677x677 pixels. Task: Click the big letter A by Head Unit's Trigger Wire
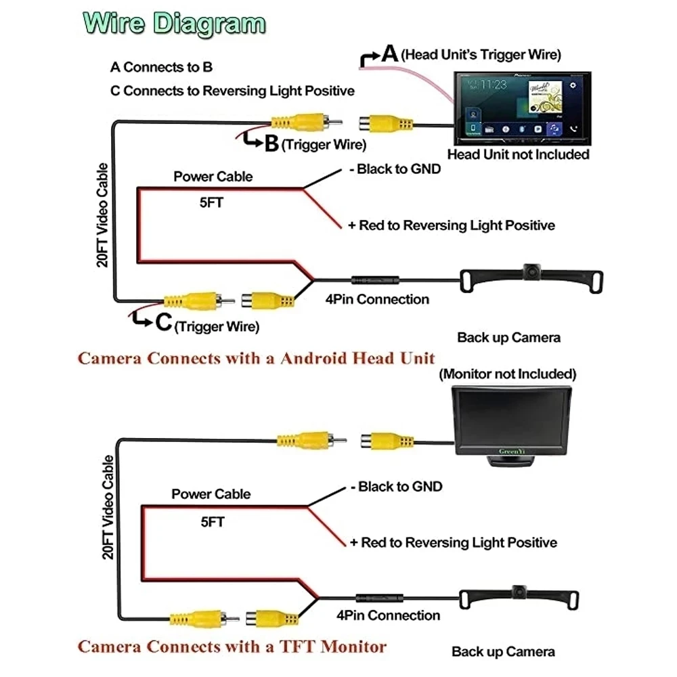[389, 53]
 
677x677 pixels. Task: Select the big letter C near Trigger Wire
[163, 323]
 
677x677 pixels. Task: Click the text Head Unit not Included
[518, 154]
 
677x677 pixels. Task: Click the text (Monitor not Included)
[508, 374]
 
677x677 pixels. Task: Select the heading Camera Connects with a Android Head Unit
[256, 358]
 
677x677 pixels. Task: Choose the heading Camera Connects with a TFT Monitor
[232, 645]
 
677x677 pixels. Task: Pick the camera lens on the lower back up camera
[519, 590]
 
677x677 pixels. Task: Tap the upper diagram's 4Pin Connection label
[377, 299]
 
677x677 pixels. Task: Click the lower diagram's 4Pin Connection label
[388, 615]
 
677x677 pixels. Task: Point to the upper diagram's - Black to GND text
[395, 169]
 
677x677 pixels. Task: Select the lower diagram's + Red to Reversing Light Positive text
[453, 542]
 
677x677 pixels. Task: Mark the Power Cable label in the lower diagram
[211, 494]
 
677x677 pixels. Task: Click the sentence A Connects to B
[161, 67]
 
